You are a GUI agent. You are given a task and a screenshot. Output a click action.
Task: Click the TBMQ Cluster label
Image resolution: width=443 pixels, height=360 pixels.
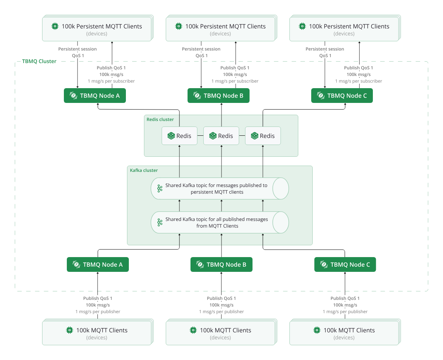39,61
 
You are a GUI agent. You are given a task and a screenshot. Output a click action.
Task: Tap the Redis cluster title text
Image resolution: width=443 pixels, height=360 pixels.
160,120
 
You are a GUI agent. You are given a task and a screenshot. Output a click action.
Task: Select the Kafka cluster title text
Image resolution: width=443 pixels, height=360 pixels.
144,170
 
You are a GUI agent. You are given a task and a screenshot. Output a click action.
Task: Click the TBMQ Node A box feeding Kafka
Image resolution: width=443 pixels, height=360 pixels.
98,264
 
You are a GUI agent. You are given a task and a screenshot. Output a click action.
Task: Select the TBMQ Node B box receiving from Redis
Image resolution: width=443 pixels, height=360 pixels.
219,96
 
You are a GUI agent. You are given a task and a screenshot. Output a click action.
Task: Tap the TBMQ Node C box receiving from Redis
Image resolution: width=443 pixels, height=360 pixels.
342,96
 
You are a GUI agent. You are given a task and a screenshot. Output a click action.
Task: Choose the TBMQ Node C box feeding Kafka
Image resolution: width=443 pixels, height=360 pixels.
345,264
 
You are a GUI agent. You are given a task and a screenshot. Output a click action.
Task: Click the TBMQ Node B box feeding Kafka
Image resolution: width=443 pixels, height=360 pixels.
221,264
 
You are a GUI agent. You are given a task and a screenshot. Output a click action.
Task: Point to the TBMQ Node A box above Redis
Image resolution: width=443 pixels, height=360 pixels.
95,96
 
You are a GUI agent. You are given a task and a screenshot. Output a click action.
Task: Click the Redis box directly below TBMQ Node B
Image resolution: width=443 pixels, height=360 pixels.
221,136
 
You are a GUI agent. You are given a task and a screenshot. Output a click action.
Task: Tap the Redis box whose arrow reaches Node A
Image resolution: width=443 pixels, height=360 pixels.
179,136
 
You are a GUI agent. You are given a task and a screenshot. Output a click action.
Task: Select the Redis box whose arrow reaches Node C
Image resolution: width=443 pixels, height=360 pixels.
263,136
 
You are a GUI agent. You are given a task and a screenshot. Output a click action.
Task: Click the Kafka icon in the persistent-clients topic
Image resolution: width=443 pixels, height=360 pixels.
160,188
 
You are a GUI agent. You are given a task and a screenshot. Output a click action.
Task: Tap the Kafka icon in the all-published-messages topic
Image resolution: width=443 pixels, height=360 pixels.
160,222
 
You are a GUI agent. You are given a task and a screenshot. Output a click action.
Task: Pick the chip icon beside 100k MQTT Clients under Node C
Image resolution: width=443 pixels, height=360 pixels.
316,330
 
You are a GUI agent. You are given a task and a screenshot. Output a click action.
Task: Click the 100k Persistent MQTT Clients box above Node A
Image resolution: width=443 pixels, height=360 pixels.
97,28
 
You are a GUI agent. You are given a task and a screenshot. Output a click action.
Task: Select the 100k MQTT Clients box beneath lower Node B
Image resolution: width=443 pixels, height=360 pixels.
220,333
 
